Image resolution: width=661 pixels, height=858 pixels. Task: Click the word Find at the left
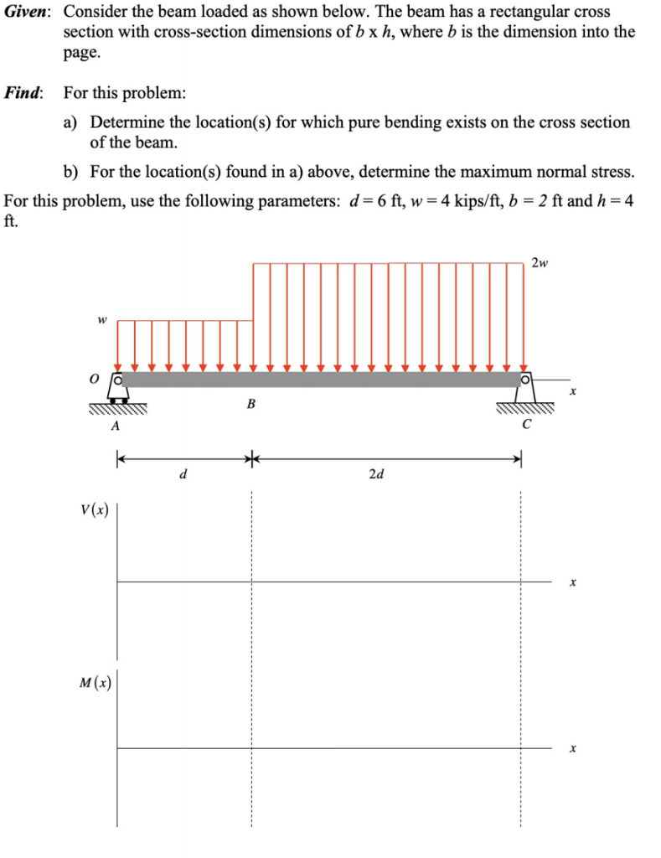coord(23,92)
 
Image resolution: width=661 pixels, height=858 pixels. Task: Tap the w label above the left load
coord(102,319)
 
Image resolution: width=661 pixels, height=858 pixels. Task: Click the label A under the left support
coord(116,426)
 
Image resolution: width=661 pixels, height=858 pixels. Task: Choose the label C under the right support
coord(525,423)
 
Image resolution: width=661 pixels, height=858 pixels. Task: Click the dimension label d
coord(183,474)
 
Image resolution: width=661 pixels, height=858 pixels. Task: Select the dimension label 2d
coord(376,474)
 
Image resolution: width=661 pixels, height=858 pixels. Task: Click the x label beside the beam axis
coord(573,391)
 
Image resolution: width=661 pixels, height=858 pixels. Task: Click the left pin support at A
coord(117,390)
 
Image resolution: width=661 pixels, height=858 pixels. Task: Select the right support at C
coord(525,390)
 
